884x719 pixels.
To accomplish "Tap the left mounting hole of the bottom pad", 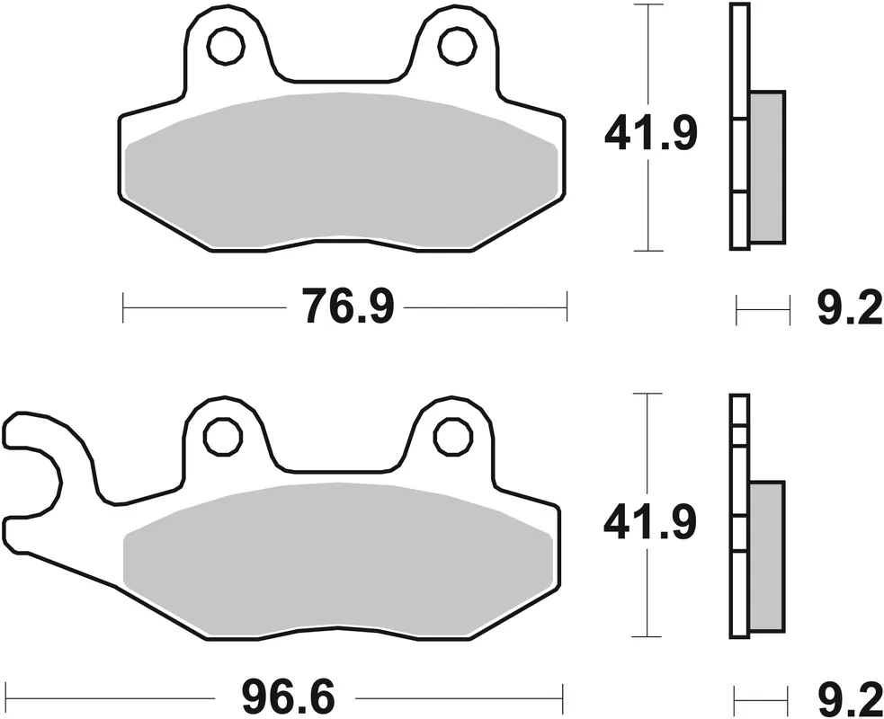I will (x=223, y=438).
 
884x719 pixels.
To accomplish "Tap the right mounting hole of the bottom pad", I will (x=452, y=438).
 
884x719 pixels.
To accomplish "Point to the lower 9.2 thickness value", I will (x=850, y=697).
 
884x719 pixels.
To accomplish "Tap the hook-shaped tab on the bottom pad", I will (x=40, y=467).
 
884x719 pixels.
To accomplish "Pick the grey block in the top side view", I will (x=766, y=166).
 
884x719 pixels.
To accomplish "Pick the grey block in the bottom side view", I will (x=766, y=555).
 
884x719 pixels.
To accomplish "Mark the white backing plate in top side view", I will (x=739, y=126).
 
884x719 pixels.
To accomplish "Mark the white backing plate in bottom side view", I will (x=739, y=517).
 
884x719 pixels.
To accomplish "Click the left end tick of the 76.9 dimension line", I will (x=122, y=306).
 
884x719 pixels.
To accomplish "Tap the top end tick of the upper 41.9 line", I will (x=648, y=4).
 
